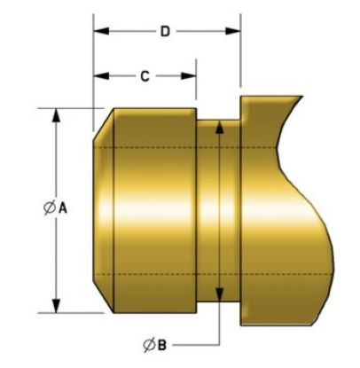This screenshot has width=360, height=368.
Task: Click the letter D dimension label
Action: click(165, 31)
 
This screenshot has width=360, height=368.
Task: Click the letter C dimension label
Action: click(145, 76)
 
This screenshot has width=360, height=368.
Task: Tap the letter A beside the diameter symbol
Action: click(63, 208)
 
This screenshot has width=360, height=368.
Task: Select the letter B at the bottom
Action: click(161, 345)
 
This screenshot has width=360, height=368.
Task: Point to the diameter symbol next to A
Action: click(50, 207)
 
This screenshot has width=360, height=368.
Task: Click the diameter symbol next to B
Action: click(149, 345)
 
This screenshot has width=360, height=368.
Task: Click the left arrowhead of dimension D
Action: click(101, 31)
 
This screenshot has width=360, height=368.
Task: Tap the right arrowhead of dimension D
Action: click(233, 31)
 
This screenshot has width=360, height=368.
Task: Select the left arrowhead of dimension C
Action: click(101, 76)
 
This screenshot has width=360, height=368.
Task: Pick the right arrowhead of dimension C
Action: click(189, 76)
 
